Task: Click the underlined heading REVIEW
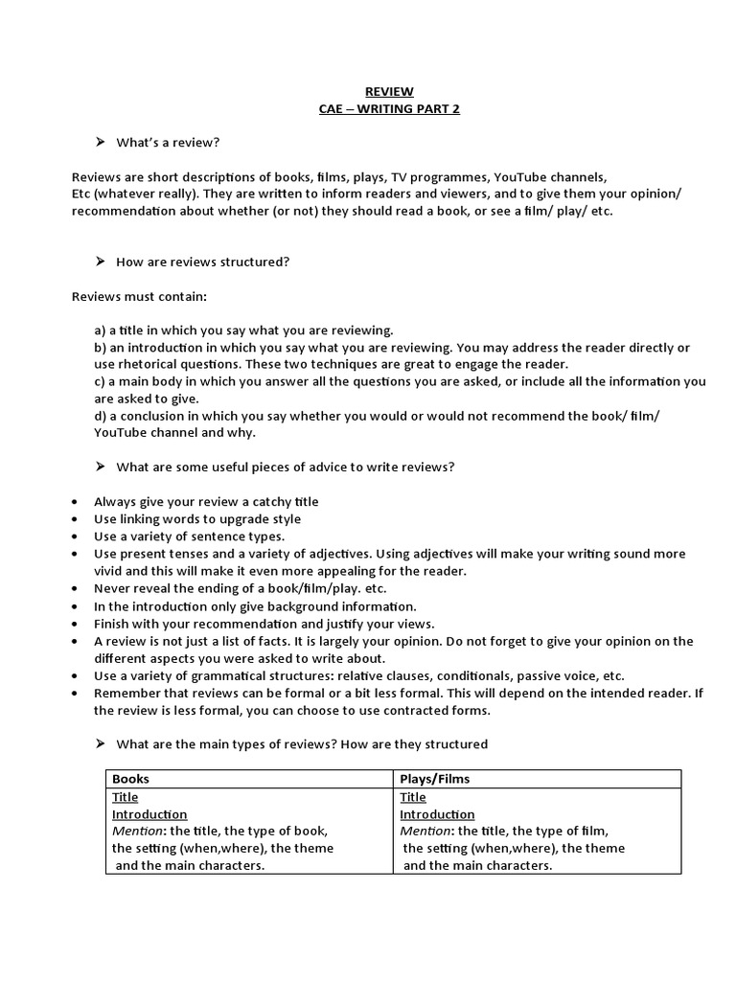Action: [390, 92]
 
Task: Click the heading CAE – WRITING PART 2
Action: [389, 109]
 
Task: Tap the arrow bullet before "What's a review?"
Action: [99, 142]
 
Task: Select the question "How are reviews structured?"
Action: [202, 262]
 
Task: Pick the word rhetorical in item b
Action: [145, 364]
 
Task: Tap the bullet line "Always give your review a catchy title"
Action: [206, 501]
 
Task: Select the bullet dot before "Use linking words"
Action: [76, 519]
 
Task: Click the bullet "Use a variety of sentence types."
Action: [189, 536]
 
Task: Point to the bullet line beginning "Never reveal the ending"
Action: [240, 588]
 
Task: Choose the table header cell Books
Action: [131, 779]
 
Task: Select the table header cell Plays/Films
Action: [435, 779]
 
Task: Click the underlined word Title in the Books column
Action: [126, 797]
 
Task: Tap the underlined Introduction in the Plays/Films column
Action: [437, 814]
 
